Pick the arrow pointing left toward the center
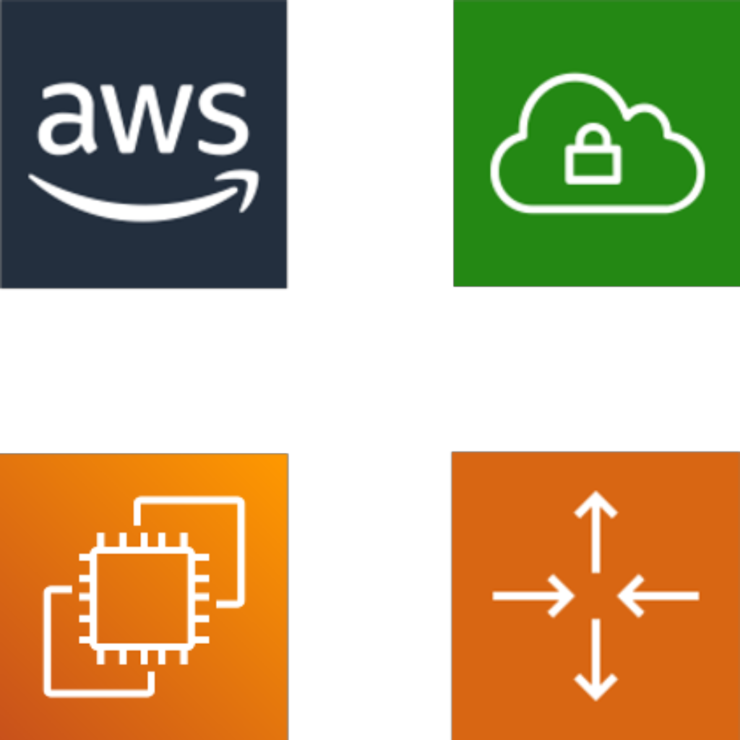(659, 596)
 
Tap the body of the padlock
(593, 164)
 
